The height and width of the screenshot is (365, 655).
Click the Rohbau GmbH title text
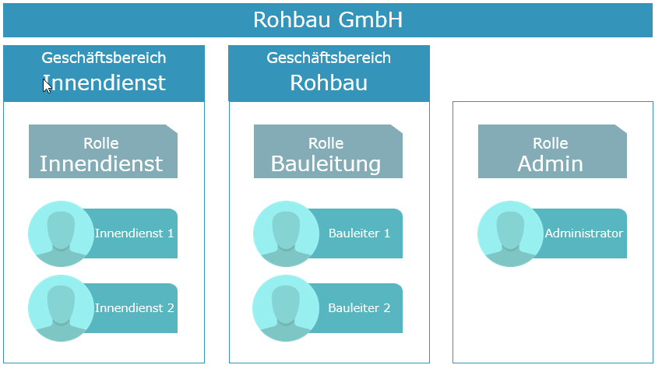click(328, 19)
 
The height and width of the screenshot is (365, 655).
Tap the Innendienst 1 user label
click(134, 233)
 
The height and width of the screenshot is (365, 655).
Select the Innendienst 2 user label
click(134, 307)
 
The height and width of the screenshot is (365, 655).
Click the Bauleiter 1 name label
click(359, 233)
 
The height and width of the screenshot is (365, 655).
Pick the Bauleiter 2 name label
click(359, 307)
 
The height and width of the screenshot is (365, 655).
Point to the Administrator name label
click(583, 233)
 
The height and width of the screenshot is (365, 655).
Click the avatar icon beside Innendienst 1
click(61, 234)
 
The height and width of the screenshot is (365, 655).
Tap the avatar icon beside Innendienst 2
click(61, 308)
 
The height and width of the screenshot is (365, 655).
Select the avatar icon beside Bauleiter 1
click(286, 234)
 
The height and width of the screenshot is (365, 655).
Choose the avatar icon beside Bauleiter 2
click(286, 308)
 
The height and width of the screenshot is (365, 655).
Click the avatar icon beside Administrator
click(510, 234)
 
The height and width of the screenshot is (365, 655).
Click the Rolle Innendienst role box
click(103, 151)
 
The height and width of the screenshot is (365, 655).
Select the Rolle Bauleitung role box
click(329, 151)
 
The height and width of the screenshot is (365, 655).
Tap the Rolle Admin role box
click(552, 151)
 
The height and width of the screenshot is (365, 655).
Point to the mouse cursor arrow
click(47, 86)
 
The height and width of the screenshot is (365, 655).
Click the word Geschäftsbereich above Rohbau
click(329, 58)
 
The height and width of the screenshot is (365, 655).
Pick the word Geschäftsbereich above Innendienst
click(104, 58)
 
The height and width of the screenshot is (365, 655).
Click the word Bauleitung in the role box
click(326, 163)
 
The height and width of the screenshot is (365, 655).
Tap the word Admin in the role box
click(550, 163)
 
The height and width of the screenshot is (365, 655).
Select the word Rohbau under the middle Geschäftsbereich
click(329, 82)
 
